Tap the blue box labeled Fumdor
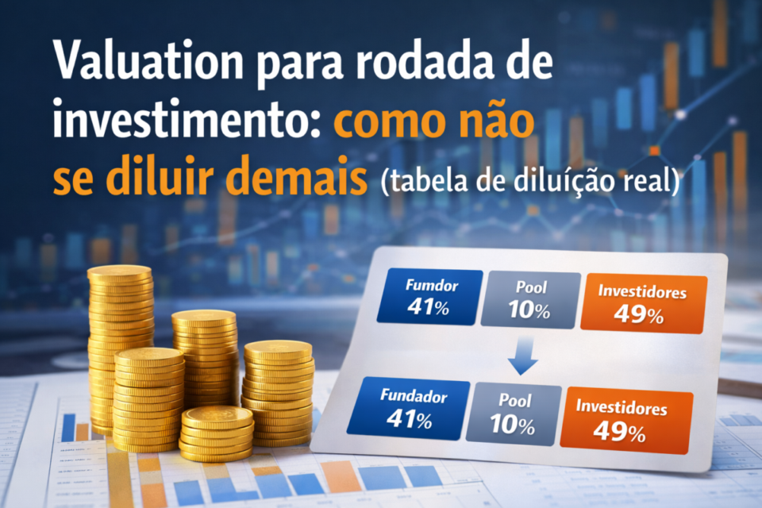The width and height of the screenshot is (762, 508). coord(429,296)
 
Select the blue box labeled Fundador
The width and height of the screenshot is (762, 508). coord(413,406)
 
